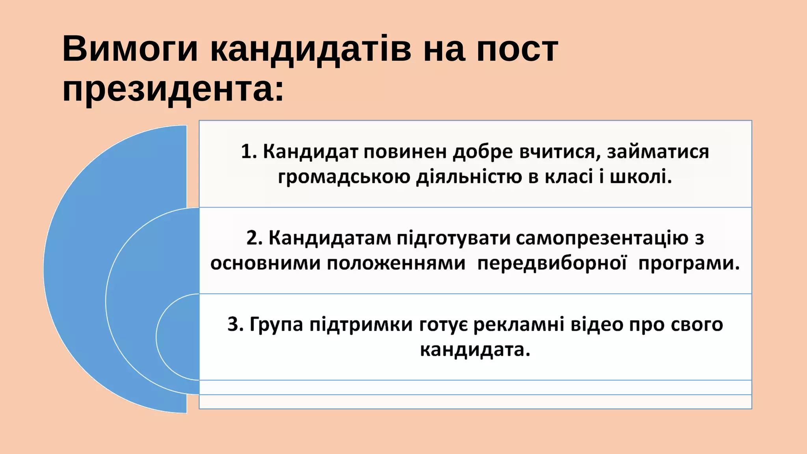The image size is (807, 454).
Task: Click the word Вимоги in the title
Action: point(130,49)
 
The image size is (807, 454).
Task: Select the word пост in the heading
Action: point(517,49)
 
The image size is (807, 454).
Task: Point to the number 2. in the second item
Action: point(255,238)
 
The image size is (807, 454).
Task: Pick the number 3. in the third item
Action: point(236,325)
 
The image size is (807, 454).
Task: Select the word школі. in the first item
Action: point(641,177)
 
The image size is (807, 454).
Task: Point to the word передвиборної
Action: point(552,263)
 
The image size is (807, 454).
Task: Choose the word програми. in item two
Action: point(689,263)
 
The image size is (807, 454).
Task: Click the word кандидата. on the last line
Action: point(475,350)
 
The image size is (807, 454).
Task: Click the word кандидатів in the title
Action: point(311,49)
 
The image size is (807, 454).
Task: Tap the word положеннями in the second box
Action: point(396,263)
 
